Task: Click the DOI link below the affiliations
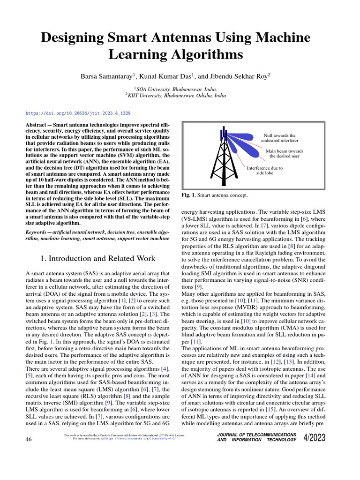(x=78, y=113)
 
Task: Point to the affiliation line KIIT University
(x=180, y=95)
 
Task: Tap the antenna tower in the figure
(x=224, y=159)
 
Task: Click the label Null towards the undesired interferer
(x=279, y=138)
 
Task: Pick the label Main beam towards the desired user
(x=285, y=154)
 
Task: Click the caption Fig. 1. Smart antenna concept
(x=214, y=195)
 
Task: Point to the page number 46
(x=29, y=439)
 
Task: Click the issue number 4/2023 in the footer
(x=318, y=437)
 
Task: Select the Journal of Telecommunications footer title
(x=257, y=437)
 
